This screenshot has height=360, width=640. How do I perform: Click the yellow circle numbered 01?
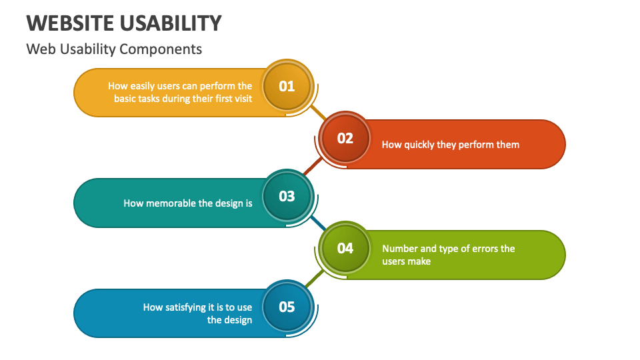(x=287, y=86)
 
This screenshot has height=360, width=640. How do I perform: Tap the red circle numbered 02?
(x=345, y=139)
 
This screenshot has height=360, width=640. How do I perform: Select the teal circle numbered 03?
(x=287, y=197)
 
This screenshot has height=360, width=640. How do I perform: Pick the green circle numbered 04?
(x=345, y=249)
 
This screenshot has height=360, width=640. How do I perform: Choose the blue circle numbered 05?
(x=287, y=307)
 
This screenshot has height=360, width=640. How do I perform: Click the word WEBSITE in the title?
(x=70, y=23)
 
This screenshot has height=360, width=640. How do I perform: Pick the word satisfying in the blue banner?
(x=188, y=307)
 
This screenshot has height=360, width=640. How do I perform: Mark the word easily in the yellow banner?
(x=141, y=86)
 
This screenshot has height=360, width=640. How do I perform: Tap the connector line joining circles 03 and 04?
(x=316, y=223)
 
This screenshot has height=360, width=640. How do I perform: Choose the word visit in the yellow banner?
(x=241, y=99)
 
